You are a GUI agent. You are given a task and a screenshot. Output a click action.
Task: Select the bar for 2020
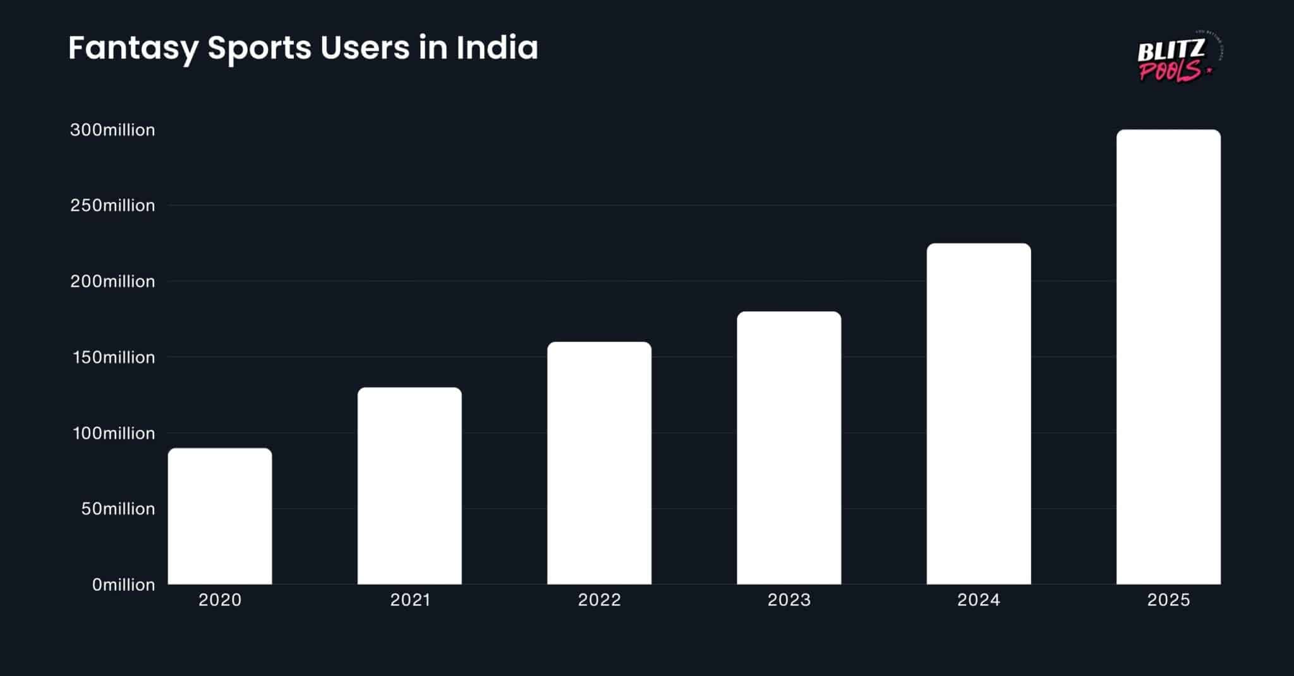click(x=220, y=516)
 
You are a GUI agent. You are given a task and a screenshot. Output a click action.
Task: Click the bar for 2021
click(x=409, y=486)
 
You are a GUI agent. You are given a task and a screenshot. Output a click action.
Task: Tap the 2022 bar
click(x=599, y=463)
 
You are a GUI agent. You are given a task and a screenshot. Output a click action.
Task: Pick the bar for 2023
click(x=789, y=448)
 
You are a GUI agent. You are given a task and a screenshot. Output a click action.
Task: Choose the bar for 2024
click(x=978, y=414)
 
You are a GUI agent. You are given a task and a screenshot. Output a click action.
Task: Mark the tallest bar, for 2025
click(x=1168, y=357)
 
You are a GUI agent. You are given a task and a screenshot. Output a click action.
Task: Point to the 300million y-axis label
click(x=112, y=130)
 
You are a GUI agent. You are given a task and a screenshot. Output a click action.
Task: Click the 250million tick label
click(x=112, y=206)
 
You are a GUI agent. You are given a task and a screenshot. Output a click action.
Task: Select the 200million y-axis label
click(x=112, y=282)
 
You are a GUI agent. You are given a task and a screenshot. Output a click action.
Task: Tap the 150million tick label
click(x=114, y=357)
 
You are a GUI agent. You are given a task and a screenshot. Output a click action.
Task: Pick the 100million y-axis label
click(x=114, y=433)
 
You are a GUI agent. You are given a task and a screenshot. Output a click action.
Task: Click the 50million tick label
click(x=118, y=509)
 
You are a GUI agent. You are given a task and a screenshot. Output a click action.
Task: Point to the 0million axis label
click(x=123, y=585)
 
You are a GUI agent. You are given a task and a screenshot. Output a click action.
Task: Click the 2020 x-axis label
click(x=220, y=600)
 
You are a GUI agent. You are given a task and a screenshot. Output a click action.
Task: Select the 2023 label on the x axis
click(x=789, y=600)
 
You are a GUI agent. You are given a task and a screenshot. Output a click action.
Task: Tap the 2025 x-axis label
click(x=1168, y=600)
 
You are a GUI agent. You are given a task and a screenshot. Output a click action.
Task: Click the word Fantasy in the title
click(x=133, y=48)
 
